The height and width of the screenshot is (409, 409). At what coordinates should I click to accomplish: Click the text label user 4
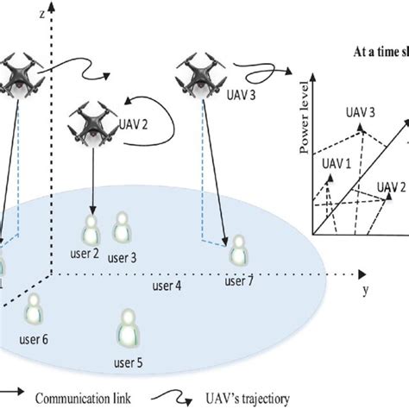click(x=168, y=284)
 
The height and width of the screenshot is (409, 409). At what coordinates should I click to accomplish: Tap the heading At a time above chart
click(x=380, y=51)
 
